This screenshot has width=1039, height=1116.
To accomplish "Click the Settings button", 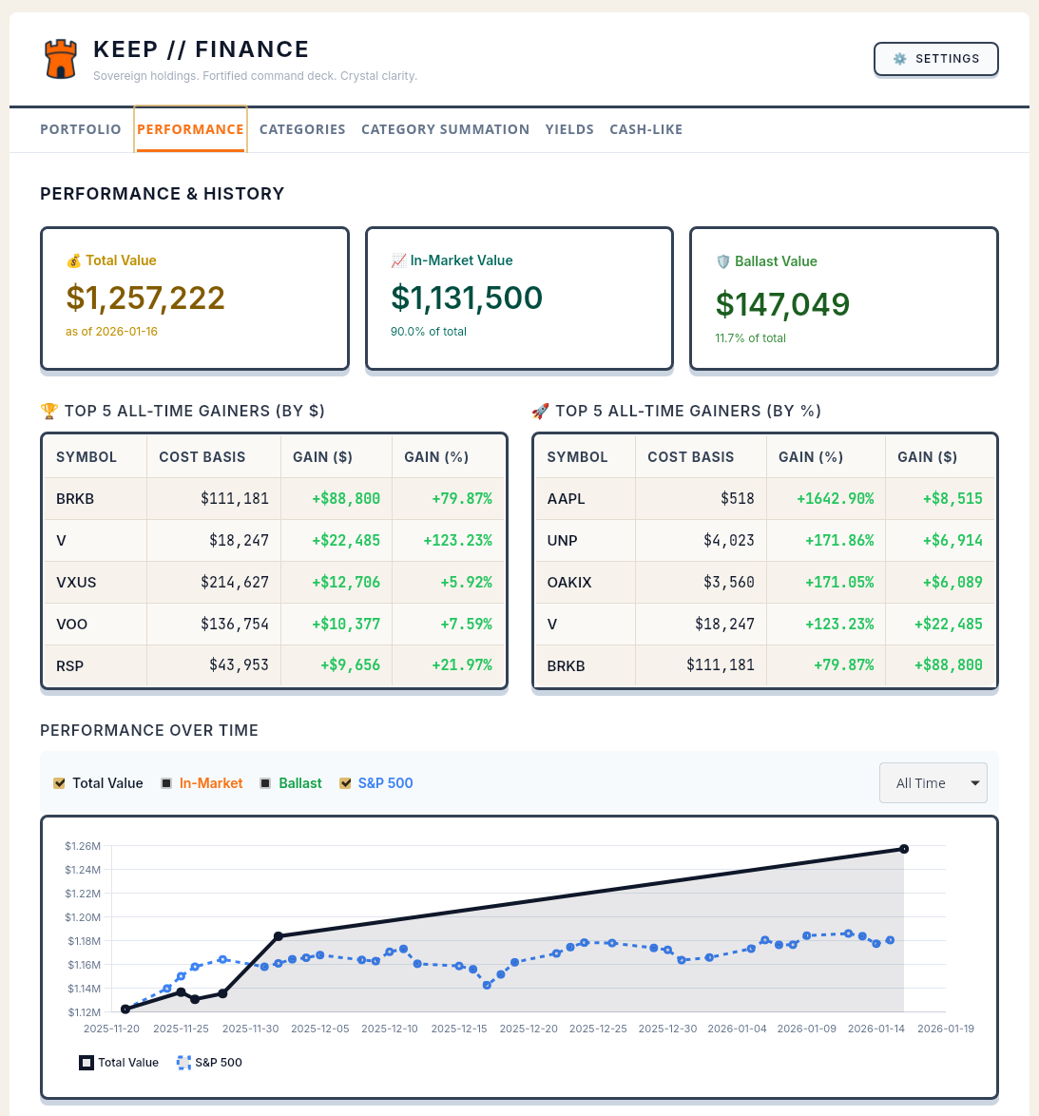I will click(935, 59).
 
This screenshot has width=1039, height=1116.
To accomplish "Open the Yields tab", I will click(569, 129).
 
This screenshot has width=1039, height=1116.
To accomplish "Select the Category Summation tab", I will click(445, 129).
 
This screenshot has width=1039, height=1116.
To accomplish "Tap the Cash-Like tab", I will click(645, 129).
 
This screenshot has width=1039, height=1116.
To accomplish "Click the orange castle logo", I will click(61, 59).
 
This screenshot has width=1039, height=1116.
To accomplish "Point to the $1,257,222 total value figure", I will click(145, 298).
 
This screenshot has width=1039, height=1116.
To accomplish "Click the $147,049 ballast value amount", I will click(782, 304).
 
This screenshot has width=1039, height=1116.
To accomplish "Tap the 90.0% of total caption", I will click(429, 332).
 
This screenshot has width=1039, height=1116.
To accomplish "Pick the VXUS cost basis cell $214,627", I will click(234, 582).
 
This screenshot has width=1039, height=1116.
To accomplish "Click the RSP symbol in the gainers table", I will click(69, 665).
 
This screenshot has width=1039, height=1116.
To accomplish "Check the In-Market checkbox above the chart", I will click(167, 783).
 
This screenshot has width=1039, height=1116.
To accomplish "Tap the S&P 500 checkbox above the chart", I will click(345, 783).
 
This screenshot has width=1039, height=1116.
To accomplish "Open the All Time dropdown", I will click(933, 783).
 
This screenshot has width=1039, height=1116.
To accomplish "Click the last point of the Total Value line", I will click(903, 849).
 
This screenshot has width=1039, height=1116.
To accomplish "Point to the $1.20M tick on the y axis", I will click(84, 917).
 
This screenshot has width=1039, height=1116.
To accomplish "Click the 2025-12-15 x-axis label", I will click(459, 1029).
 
